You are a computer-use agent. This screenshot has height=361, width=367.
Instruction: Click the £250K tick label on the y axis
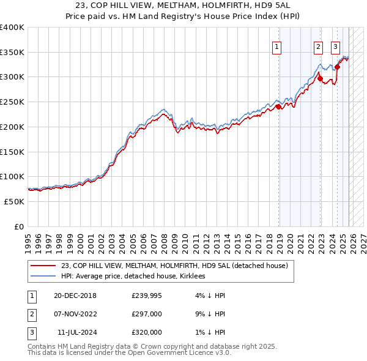[12, 102]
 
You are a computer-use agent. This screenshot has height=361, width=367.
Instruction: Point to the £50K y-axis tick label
[15, 201]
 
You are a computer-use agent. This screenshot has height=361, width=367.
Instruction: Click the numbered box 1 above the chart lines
[276, 46]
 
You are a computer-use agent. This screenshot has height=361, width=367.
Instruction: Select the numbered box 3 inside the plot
[336, 46]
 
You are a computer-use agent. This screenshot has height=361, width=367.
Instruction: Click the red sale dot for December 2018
[279, 106]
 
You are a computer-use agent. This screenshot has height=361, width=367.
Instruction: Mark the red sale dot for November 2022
[319, 78]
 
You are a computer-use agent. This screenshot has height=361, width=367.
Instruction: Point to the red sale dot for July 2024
[337, 67]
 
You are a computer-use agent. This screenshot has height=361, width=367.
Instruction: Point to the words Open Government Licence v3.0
[183, 353]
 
